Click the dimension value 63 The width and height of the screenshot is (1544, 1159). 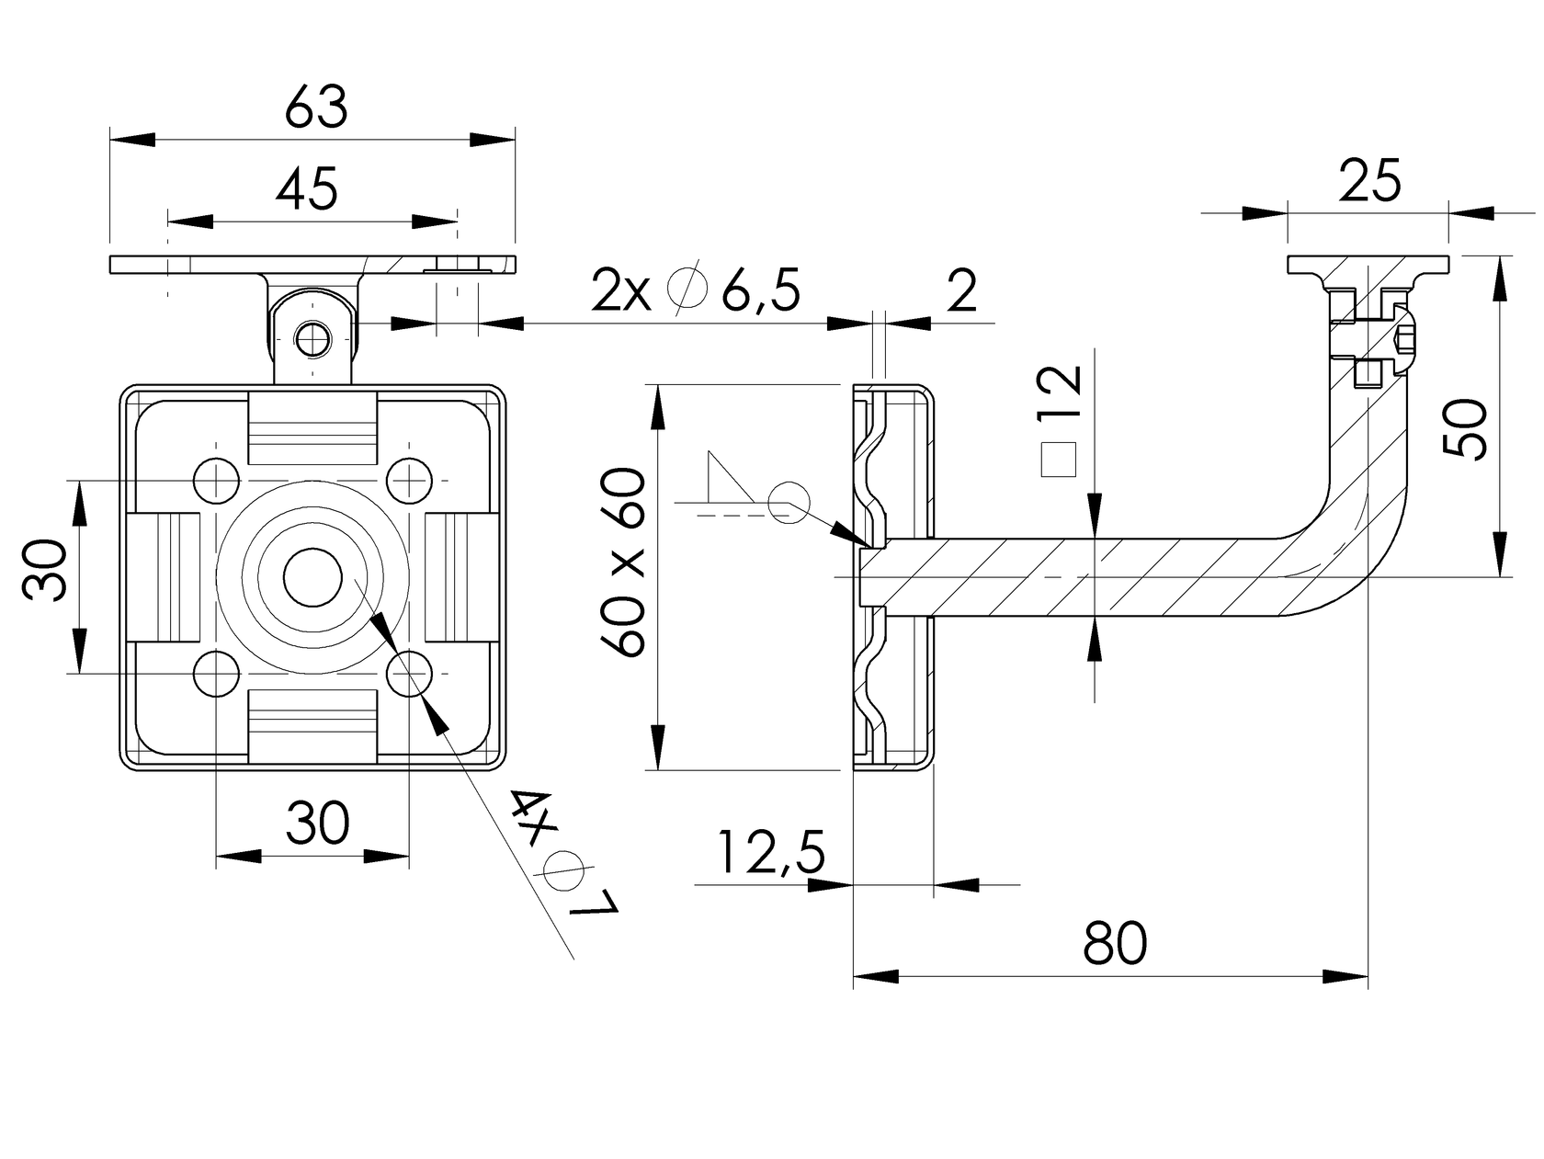tap(316, 108)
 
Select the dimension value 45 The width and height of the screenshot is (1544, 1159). tap(308, 189)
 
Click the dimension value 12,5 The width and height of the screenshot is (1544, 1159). tap(770, 852)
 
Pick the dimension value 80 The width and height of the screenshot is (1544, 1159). tap(1115, 943)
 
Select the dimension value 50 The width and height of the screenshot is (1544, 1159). tap(1465, 428)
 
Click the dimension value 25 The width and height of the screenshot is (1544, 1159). tap(1369, 181)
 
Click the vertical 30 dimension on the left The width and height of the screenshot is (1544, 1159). tap(46, 570)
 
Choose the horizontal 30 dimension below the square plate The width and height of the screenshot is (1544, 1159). tap(317, 823)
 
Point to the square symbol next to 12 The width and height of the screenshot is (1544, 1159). tap(1059, 459)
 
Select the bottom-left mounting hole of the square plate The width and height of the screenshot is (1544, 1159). tap(216, 674)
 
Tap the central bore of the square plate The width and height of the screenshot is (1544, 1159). tap(312, 577)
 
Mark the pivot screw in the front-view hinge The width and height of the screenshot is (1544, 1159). tap(313, 338)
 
